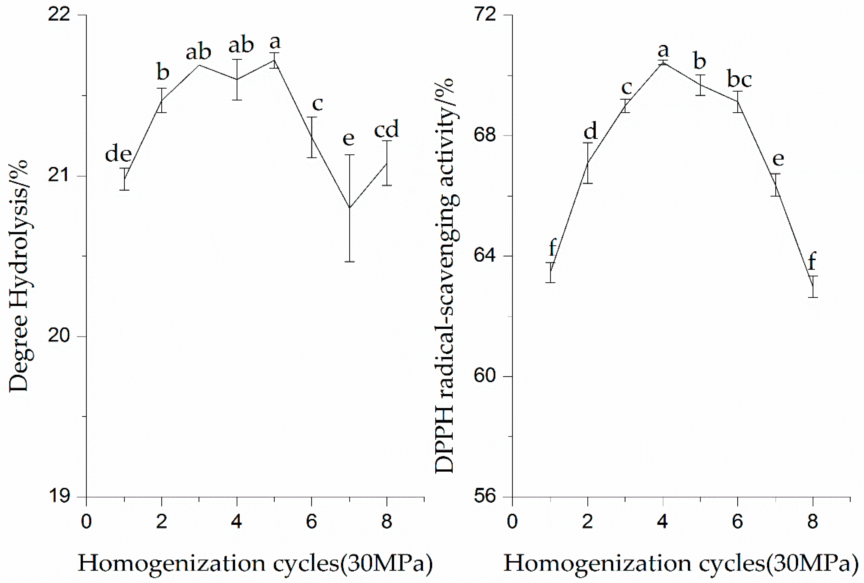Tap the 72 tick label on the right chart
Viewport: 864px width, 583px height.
coord(485,15)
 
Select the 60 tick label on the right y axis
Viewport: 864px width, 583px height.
coord(485,376)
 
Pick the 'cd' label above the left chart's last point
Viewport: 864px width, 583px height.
coord(387,129)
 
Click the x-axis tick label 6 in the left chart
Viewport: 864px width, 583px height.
coord(312,522)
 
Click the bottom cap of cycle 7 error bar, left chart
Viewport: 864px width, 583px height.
coord(350,262)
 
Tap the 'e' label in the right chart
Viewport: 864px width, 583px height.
coord(778,159)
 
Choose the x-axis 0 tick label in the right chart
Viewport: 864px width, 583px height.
coord(512,522)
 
